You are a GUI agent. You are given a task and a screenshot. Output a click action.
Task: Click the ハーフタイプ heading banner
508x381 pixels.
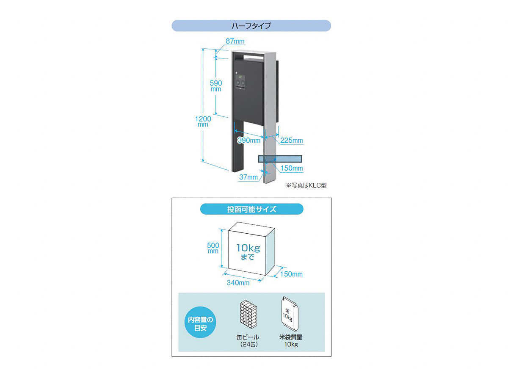coord(251,26)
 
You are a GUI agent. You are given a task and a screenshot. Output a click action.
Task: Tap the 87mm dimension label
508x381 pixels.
coord(235,41)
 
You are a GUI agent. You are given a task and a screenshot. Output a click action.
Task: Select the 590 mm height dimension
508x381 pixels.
coord(216,86)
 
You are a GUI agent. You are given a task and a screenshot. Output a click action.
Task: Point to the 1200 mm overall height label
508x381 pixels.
coord(203,121)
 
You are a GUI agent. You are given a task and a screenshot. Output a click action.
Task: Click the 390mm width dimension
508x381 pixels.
coord(249,140)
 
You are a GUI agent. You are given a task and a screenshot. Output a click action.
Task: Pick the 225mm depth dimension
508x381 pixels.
coord(292,140)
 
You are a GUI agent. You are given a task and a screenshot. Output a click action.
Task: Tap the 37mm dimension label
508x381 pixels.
coord(248,177)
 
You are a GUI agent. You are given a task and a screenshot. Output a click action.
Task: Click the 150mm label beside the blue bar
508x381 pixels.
coord(292,168)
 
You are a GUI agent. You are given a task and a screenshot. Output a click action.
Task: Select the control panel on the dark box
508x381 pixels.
coord(240,82)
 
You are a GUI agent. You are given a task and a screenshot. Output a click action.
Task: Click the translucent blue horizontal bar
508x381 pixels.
coord(280,159)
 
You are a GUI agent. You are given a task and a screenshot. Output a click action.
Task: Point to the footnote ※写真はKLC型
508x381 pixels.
coord(306,185)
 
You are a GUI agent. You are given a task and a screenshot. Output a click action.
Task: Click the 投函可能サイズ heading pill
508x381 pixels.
coord(251,209)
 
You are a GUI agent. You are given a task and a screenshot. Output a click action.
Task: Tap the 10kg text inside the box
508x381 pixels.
coord(248,248)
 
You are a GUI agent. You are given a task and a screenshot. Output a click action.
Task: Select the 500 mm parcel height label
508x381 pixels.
coord(213,248)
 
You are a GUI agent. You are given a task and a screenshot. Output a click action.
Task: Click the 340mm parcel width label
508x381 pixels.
coord(238,283)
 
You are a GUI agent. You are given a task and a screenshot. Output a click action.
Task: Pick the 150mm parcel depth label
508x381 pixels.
coord(291,274)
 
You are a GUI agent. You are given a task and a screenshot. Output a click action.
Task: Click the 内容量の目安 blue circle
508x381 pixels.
coord(200,322)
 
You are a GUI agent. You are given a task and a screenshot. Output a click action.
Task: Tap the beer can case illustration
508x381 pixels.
coord(248,314)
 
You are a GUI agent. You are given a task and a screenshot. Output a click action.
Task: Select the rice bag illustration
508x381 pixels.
coord(290,314)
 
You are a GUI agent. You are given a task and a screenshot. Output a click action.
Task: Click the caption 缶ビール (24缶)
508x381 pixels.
coord(248,340)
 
